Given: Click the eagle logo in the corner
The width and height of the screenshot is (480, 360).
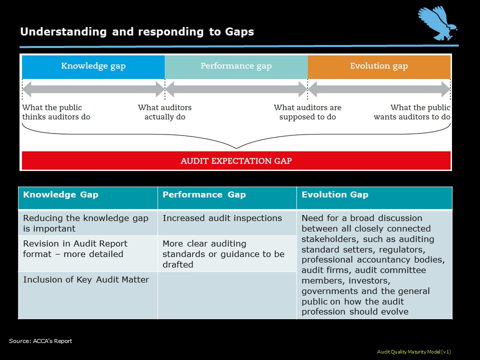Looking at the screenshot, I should pos(438,24).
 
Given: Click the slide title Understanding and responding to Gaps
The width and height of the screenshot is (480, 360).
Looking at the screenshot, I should pos(137,32).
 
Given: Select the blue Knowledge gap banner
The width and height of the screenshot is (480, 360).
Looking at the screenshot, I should pos(93,66).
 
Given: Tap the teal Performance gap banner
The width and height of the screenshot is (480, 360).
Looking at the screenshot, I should pos(236,66).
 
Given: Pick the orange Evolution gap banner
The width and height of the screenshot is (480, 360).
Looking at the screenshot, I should pos(379,66).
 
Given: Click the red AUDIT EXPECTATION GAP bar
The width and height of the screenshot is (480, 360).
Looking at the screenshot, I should pos(236,161).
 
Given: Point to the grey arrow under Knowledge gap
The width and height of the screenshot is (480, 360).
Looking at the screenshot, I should pos(93,89).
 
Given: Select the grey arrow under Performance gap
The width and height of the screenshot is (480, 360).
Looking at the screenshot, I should pos(236,89).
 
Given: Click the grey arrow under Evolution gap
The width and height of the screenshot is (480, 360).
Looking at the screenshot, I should pos(379,89).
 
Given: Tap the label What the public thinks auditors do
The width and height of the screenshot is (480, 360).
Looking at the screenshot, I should pos(56,112).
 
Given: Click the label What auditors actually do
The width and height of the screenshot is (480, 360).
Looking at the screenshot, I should pos(165,112).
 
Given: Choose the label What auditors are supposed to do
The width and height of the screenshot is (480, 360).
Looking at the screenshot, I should pos(307,112).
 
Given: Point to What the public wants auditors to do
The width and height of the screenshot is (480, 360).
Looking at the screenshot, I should pos(412,112).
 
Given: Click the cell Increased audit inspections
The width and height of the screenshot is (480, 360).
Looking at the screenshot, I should pos(222,218).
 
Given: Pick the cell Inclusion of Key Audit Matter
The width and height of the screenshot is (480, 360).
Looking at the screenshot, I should pos(86,279).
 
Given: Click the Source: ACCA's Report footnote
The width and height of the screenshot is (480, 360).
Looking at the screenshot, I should pos(40,341).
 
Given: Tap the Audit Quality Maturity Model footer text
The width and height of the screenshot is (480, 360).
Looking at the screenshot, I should pos(414,352).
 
